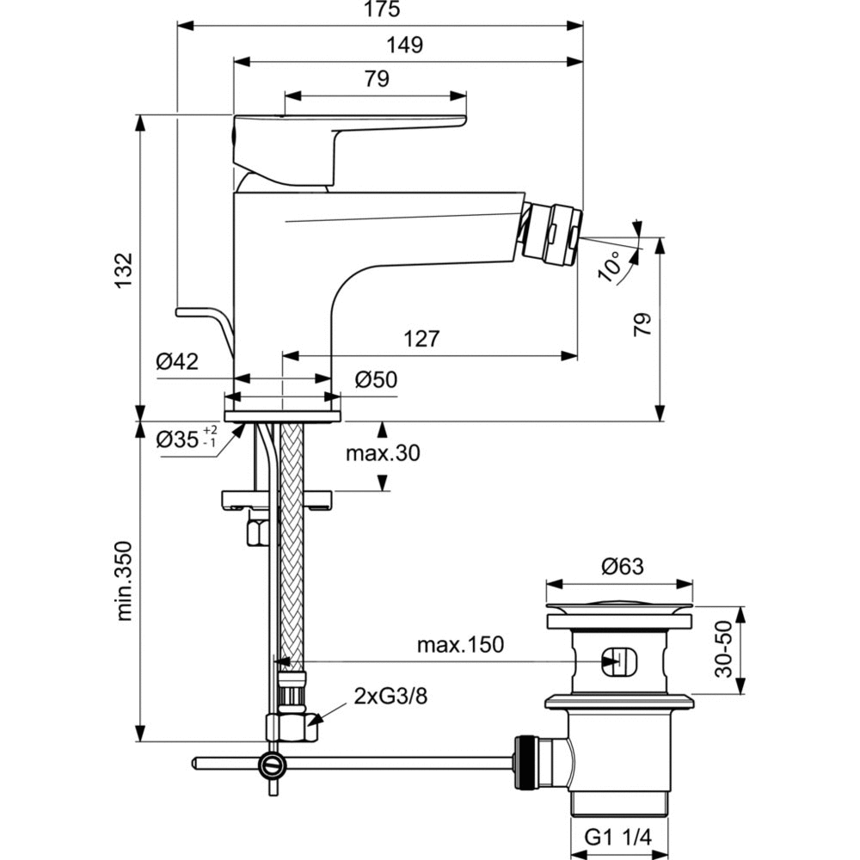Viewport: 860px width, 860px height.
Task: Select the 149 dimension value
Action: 405,46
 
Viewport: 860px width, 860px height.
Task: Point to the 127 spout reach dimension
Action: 421,338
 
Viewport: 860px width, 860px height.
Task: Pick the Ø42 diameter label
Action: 177,362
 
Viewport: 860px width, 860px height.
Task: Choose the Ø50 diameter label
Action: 376,379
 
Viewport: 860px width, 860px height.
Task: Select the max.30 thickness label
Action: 383,453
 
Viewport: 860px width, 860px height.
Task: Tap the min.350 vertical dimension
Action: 125,580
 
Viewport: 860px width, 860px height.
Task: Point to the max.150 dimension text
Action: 460,644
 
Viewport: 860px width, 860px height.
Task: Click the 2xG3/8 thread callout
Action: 390,696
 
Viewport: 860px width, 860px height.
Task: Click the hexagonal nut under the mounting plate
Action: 257,532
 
